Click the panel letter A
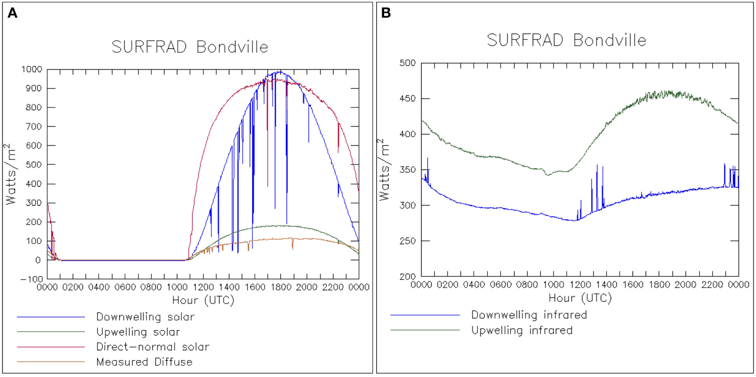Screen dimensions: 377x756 (x=12, y=14)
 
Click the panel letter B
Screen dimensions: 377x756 (x=386, y=14)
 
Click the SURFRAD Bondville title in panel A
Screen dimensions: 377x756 (x=190, y=47)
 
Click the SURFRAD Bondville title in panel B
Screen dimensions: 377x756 (x=566, y=40)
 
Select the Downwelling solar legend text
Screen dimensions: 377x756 (x=145, y=317)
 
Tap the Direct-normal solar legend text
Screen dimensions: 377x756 (x=153, y=347)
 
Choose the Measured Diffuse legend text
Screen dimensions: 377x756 (x=144, y=362)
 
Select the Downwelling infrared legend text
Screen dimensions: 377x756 (x=529, y=315)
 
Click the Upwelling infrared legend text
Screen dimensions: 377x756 (x=521, y=330)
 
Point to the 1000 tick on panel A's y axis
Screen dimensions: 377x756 (x=31, y=69)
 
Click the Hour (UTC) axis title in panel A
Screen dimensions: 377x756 (x=203, y=300)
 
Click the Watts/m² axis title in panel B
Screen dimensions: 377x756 (x=387, y=169)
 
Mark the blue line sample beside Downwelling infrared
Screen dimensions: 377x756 (x=425, y=315)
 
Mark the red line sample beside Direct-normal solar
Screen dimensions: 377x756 (x=50, y=347)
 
